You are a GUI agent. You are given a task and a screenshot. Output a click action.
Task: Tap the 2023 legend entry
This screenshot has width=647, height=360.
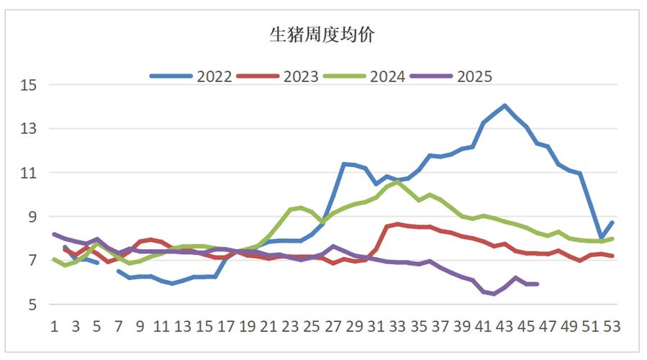(x=301, y=76)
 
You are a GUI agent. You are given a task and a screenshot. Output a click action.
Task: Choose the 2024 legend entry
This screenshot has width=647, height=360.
(x=387, y=76)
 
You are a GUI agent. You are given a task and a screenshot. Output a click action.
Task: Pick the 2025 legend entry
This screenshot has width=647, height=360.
(x=474, y=76)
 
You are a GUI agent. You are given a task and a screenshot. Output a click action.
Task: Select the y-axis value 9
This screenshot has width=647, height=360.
(x=32, y=217)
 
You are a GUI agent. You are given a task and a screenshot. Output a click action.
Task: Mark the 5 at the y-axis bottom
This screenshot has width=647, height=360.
(x=32, y=305)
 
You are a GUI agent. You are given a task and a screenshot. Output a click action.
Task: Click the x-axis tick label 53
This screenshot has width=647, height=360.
(x=612, y=326)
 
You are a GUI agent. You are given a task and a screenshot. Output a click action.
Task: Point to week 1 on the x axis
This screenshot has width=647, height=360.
(x=54, y=326)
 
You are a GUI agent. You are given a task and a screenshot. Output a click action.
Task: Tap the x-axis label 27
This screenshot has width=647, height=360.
(x=332, y=326)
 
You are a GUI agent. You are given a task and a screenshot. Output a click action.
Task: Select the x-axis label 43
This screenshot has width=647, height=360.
(x=505, y=326)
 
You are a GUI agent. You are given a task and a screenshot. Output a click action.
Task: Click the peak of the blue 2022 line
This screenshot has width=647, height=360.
(x=505, y=106)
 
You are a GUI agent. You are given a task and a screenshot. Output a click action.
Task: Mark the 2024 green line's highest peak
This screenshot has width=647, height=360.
(x=397, y=181)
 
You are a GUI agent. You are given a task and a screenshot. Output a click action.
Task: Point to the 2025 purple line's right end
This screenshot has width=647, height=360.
(x=537, y=284)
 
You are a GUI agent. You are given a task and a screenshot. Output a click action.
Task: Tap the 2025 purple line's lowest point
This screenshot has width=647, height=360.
(x=494, y=294)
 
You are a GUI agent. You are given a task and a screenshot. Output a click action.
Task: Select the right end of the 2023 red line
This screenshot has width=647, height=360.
(x=612, y=256)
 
